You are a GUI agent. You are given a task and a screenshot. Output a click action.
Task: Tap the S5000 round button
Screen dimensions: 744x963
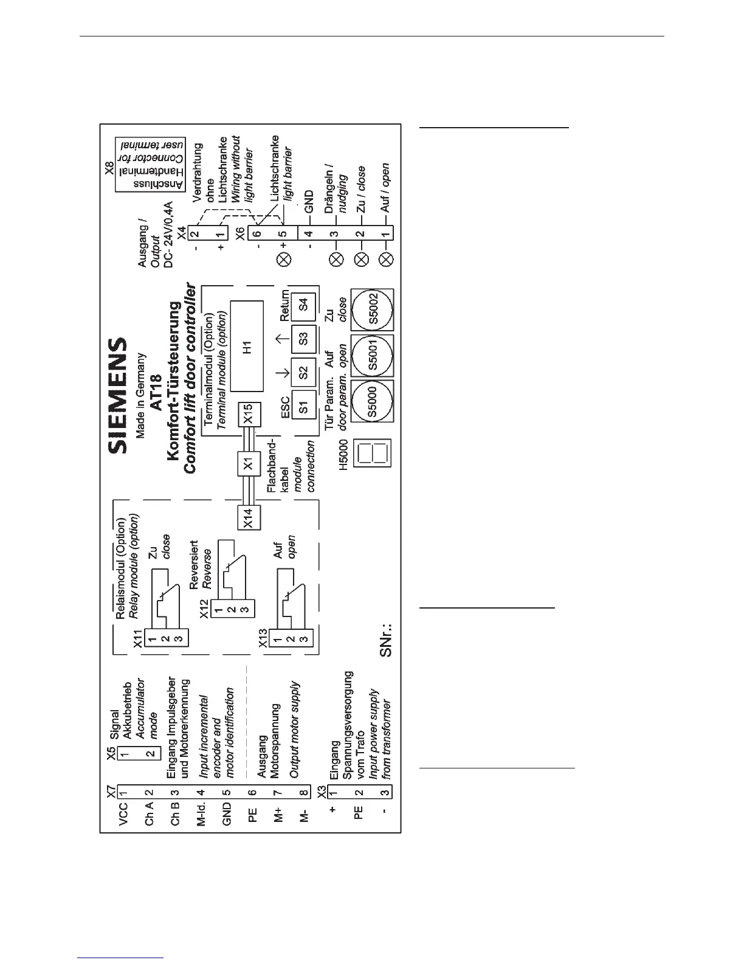(373, 403)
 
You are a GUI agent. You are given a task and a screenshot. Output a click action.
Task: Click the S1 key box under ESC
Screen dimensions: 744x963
(304, 405)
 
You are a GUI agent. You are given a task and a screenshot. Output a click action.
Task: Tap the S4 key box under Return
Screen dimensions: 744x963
(304, 302)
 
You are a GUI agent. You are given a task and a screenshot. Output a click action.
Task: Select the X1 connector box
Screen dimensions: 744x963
(248, 464)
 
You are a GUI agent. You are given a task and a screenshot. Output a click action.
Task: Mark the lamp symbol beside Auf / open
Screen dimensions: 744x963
(385, 260)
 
